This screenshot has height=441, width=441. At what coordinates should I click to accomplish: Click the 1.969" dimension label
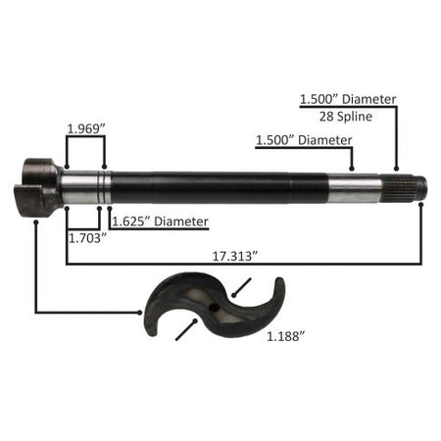click(85, 129)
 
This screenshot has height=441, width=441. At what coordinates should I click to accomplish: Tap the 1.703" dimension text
click(88, 238)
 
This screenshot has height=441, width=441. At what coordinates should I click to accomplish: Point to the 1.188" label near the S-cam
click(286, 336)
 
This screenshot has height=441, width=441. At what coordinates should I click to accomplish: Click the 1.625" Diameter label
click(160, 221)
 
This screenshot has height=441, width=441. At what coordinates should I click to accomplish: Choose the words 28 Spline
click(346, 117)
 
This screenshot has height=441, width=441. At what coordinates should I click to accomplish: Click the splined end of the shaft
click(404, 189)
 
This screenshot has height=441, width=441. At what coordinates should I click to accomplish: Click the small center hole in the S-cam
click(214, 307)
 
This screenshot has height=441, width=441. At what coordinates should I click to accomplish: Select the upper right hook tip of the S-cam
click(279, 280)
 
